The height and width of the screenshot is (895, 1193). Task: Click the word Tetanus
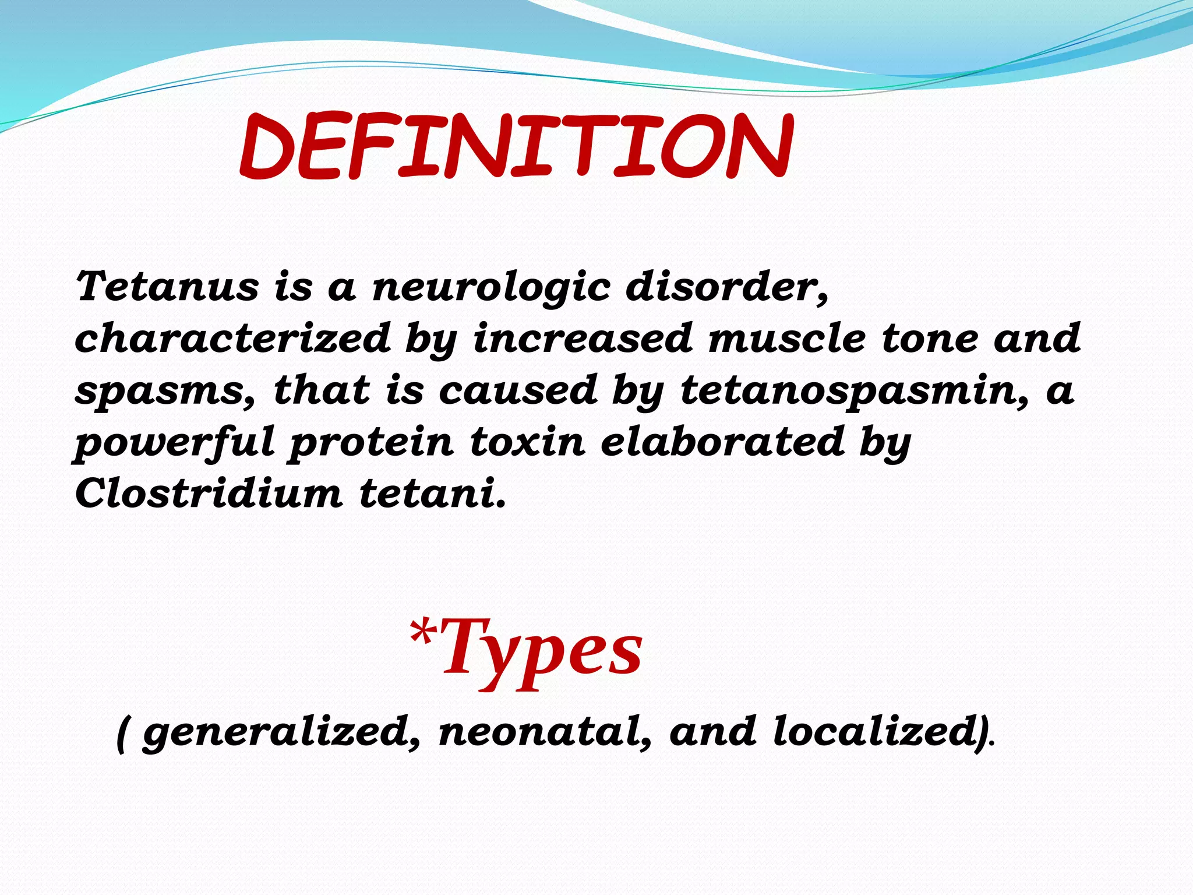[x=167, y=287]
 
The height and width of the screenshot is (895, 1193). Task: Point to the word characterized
[x=232, y=338]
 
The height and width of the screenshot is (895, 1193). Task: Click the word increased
[x=583, y=338]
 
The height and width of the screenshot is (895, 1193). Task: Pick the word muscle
[x=786, y=338]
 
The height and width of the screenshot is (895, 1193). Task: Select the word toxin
[x=527, y=442]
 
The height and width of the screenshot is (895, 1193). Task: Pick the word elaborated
[x=722, y=442]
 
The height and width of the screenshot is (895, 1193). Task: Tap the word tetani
[x=431, y=493]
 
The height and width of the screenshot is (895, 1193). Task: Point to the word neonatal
[x=544, y=732]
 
